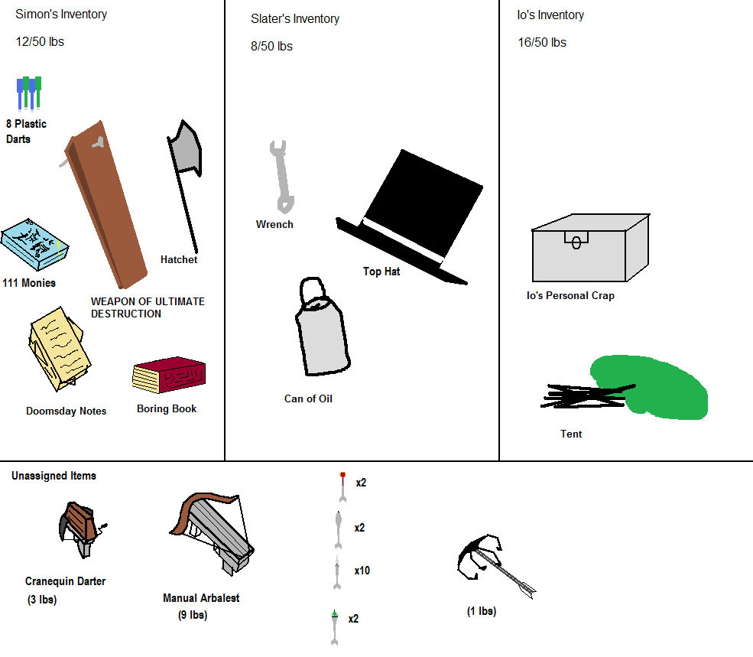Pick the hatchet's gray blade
point(186,150)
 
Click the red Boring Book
point(170,376)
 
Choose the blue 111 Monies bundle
point(34,246)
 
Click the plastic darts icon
point(29,94)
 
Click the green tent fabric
point(657,386)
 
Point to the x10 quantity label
point(362,571)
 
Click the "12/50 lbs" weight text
point(40,42)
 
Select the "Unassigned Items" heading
point(54,476)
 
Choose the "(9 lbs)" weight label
point(187,615)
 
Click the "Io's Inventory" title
point(550,15)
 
